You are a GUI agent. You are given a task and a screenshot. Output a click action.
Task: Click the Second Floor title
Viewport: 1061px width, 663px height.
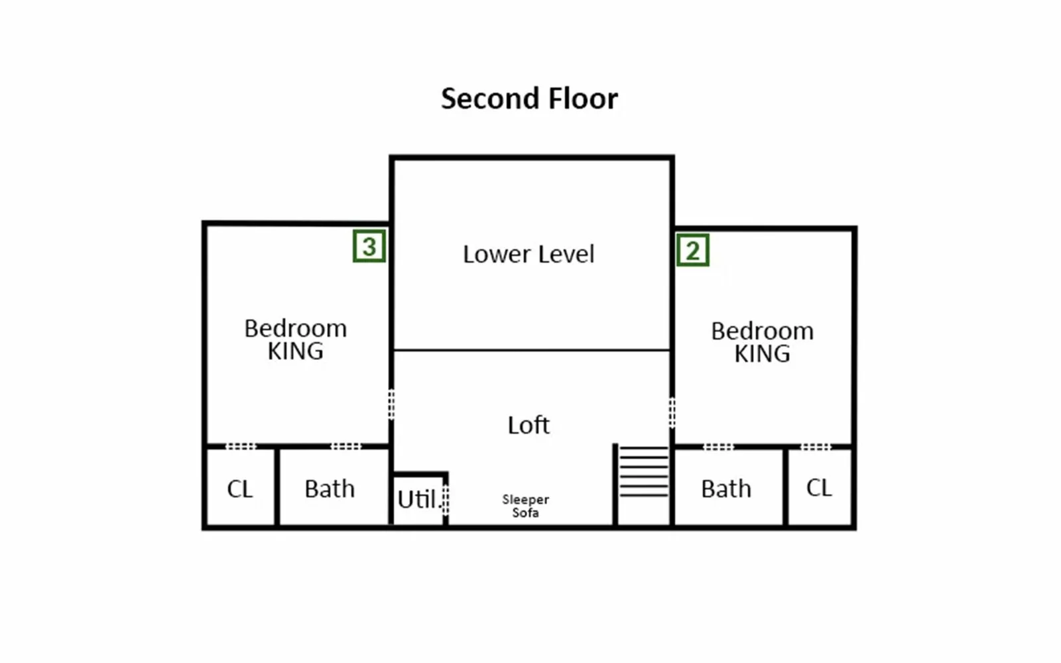click(x=529, y=99)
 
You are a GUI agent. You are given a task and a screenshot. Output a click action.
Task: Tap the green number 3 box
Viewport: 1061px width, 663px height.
click(x=369, y=246)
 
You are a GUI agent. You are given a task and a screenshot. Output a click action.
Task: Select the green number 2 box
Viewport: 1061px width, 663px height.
click(x=692, y=250)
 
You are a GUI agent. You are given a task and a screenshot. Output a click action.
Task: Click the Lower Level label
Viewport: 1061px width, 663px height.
click(x=529, y=254)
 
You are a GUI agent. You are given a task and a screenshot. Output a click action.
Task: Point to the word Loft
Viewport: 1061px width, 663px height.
click(x=529, y=425)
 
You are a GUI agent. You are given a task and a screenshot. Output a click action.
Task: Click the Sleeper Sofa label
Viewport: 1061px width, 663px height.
click(x=526, y=506)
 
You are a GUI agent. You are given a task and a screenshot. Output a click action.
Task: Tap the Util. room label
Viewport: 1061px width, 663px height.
click(x=417, y=499)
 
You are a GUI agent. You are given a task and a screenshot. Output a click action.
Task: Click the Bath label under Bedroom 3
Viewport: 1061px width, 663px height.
click(x=330, y=489)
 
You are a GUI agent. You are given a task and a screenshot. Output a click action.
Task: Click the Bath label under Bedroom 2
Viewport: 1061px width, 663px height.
click(x=726, y=489)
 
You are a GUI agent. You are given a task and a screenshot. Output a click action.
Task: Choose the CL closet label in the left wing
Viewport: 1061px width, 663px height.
click(x=239, y=489)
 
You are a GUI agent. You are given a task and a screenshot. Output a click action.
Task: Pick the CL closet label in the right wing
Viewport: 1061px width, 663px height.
click(x=819, y=488)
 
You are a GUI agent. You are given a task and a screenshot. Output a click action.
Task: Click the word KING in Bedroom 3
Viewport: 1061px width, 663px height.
click(x=296, y=351)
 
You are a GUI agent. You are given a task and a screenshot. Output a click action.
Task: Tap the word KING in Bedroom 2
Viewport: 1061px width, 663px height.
click(x=762, y=353)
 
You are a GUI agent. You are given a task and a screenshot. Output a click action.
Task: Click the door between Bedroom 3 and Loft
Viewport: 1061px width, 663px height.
click(x=391, y=404)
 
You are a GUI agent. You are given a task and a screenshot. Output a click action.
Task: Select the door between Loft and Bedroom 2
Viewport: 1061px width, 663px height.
click(x=672, y=413)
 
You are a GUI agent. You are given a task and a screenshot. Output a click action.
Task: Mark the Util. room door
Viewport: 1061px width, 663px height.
click(x=446, y=500)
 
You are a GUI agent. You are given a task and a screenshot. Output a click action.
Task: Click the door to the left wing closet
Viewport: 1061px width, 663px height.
click(x=241, y=446)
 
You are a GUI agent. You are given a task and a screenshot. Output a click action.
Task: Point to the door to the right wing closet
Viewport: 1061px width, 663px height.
click(x=816, y=447)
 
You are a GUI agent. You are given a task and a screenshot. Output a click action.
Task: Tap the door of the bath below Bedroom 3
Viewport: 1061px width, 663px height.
click(x=345, y=446)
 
